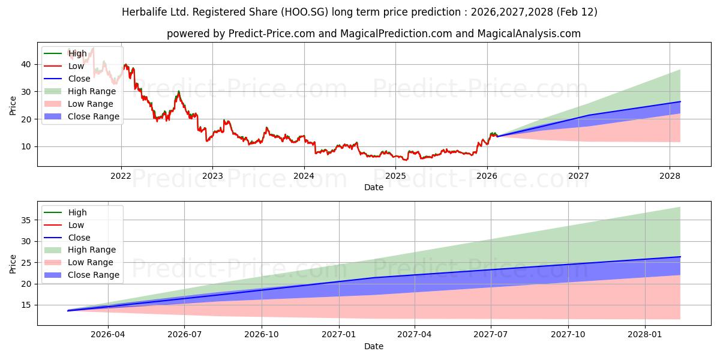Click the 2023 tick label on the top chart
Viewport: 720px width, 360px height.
(x=212, y=176)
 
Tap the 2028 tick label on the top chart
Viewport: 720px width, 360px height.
(x=670, y=176)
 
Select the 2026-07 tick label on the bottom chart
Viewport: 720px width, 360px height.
(x=184, y=335)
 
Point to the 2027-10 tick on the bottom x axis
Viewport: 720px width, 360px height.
(x=568, y=335)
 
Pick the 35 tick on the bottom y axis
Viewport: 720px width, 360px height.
(x=27, y=220)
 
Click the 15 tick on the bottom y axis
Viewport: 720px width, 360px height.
(x=27, y=305)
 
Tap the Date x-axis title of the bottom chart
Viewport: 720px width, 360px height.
(x=373, y=346)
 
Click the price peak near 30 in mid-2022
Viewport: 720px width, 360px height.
(x=178, y=92)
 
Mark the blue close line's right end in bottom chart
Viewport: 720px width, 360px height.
(x=680, y=257)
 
